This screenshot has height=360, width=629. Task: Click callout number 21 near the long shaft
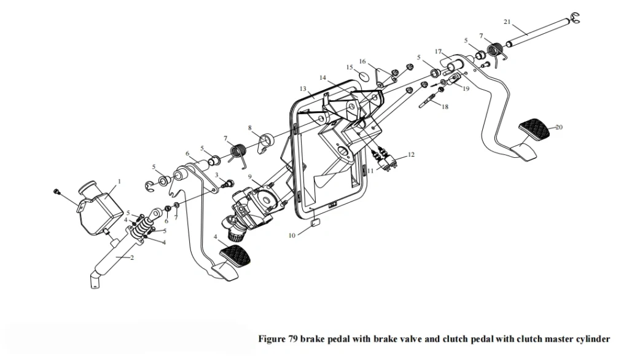507,22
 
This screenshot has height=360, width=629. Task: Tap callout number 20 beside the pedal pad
559,127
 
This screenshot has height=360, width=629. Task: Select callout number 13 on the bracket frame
303,88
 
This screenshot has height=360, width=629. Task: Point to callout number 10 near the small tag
292,235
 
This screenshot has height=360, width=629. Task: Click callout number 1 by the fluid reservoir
119,181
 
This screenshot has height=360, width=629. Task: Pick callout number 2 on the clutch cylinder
133,257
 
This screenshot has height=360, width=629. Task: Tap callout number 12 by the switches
411,155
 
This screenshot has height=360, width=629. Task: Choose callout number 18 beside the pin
445,107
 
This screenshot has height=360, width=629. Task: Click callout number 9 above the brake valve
250,176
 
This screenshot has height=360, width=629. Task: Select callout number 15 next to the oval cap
350,68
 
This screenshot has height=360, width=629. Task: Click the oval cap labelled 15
363,76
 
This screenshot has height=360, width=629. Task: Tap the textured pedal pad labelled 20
536,128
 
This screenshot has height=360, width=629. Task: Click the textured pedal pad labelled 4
235,254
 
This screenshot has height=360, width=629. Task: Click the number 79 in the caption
292,339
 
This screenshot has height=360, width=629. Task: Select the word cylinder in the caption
592,340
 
